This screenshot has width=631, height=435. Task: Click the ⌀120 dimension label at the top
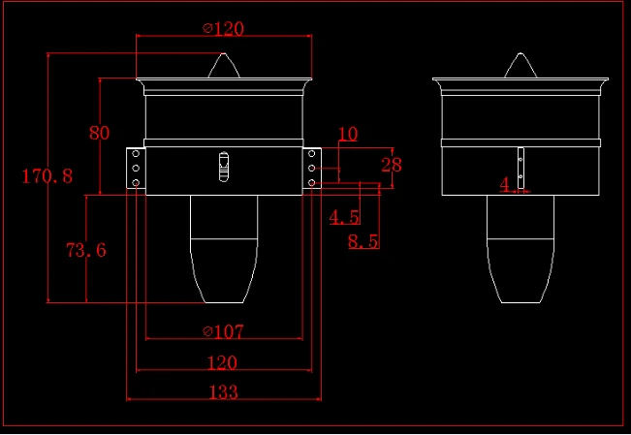click(x=223, y=29)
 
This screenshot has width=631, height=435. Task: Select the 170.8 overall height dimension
click(x=47, y=176)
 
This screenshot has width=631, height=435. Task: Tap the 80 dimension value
click(x=99, y=133)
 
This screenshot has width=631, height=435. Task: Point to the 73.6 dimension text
click(x=86, y=250)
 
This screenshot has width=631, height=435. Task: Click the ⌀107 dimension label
click(x=223, y=332)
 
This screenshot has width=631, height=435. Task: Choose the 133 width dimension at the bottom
click(x=224, y=392)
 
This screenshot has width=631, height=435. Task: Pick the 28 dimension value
click(x=392, y=165)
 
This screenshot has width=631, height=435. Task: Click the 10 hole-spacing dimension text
click(x=348, y=134)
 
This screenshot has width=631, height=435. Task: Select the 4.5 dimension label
click(x=344, y=217)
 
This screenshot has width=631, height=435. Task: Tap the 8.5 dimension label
click(x=363, y=241)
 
